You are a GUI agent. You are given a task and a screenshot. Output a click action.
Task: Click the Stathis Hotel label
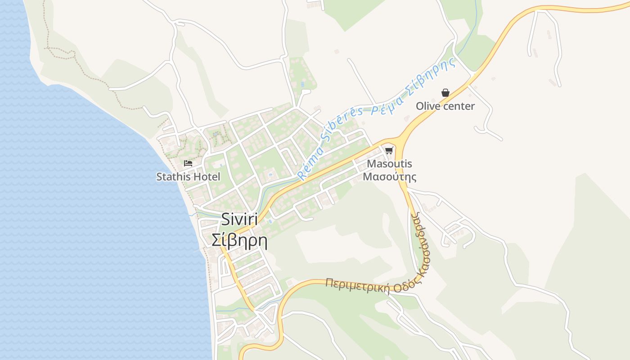pyautogui.click(x=188, y=177)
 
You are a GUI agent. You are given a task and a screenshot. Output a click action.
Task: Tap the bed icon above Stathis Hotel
pyautogui.click(x=188, y=163)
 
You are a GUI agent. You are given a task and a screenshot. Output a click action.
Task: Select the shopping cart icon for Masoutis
pyautogui.click(x=389, y=150)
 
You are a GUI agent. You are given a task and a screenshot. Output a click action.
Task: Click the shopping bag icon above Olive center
pyautogui.click(x=445, y=93)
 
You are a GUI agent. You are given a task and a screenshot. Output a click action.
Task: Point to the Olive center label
pyautogui.click(x=445, y=106)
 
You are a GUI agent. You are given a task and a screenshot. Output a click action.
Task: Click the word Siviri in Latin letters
pyautogui.click(x=239, y=220)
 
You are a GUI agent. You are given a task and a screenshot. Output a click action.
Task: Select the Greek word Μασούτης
pyautogui.click(x=389, y=176)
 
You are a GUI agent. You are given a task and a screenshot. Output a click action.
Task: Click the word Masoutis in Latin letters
pyautogui.click(x=389, y=164)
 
